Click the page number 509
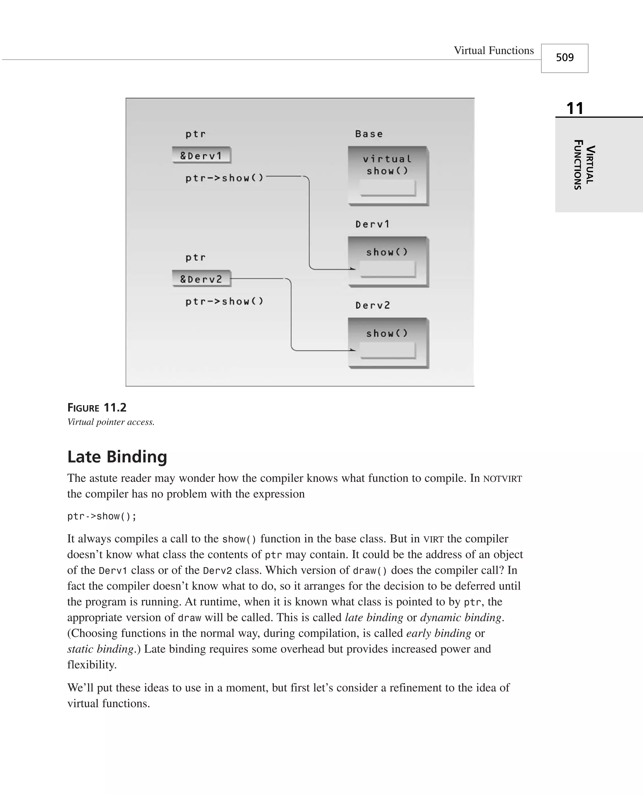click(x=565, y=57)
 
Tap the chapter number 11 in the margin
click(x=575, y=109)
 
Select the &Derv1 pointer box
click(x=202, y=155)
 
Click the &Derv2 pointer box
click(x=202, y=279)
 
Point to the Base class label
click(x=369, y=134)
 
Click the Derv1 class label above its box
click(x=372, y=224)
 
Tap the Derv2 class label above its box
click(x=373, y=305)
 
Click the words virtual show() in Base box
click(x=387, y=165)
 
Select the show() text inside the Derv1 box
click(x=387, y=252)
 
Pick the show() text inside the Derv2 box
click(x=387, y=333)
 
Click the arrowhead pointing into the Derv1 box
click(x=353, y=269)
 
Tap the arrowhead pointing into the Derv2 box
click(x=353, y=350)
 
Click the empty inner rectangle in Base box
click(x=387, y=188)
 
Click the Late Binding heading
click(x=117, y=456)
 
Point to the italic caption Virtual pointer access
click(x=111, y=422)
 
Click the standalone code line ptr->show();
click(x=102, y=516)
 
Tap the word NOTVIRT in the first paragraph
click(x=502, y=479)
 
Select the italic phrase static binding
click(x=100, y=649)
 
